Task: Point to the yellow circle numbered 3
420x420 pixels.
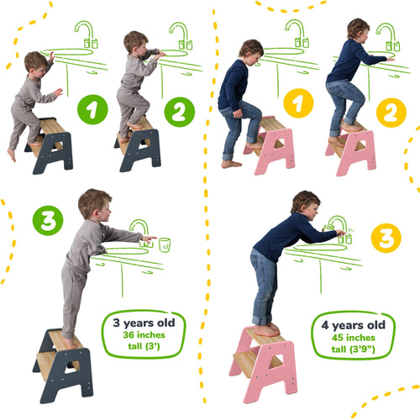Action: click(x=386, y=238)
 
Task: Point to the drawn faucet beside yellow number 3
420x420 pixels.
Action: click(x=339, y=226)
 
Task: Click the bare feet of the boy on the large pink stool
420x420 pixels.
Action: click(x=267, y=329)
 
